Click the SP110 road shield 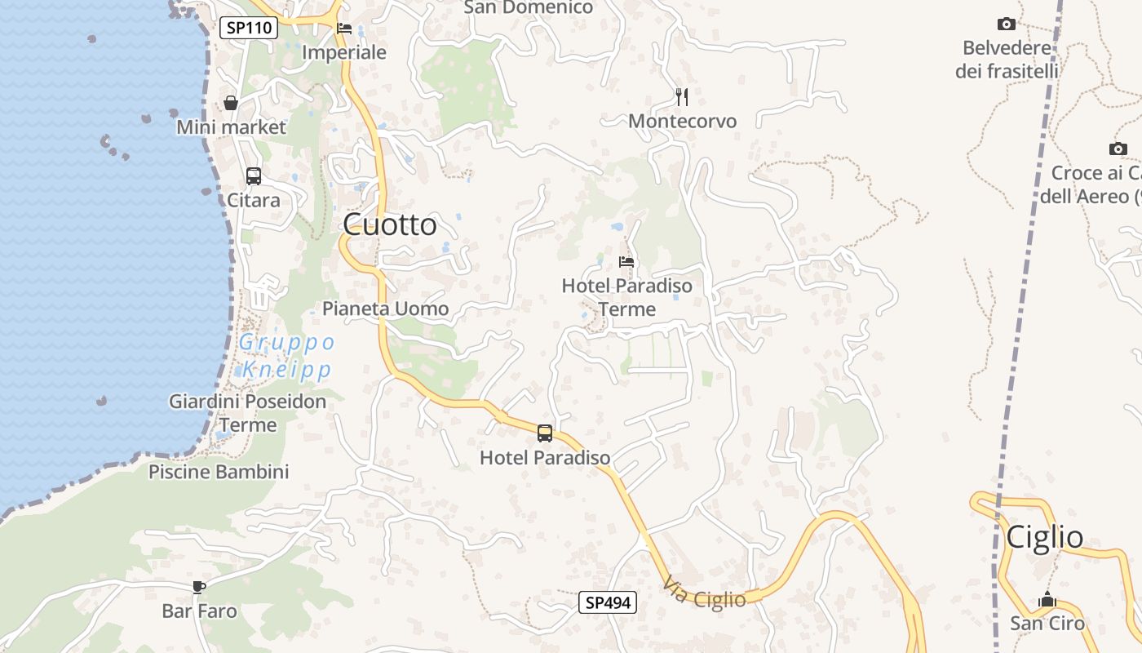(x=249, y=28)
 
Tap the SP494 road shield (x=608, y=603)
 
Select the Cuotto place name (x=390, y=224)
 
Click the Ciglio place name (x=1044, y=537)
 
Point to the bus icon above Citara (x=254, y=175)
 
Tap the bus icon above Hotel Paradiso (x=545, y=433)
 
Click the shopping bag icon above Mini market (x=231, y=103)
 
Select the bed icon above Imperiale (x=344, y=29)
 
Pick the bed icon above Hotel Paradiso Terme (x=626, y=262)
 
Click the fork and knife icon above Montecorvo (x=682, y=97)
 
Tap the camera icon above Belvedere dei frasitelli (x=1007, y=24)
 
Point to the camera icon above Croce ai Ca (x=1118, y=149)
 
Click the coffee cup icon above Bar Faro (x=198, y=586)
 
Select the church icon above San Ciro (x=1047, y=600)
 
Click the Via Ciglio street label (x=705, y=594)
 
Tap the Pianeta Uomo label (x=385, y=309)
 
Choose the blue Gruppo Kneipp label (x=286, y=356)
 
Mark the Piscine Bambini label (x=219, y=472)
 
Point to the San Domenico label (x=528, y=8)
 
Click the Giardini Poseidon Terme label (x=247, y=413)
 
